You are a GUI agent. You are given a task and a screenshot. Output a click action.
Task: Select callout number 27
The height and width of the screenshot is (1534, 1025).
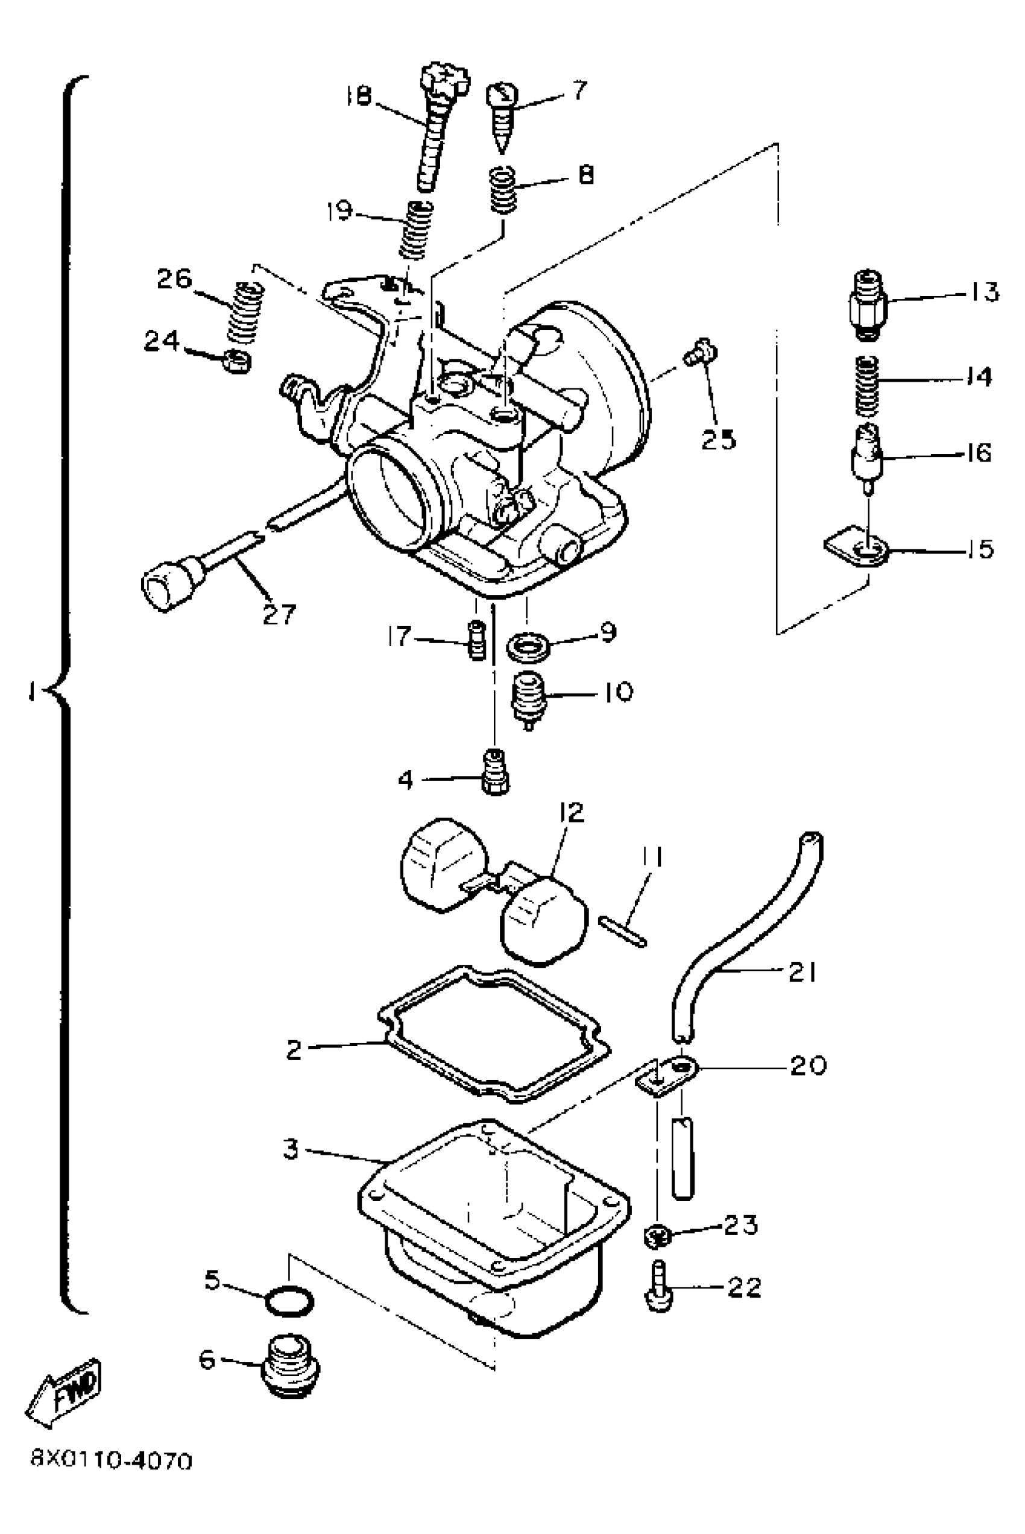[x=279, y=614]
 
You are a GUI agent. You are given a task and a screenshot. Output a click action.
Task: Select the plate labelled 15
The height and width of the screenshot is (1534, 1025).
[x=856, y=549]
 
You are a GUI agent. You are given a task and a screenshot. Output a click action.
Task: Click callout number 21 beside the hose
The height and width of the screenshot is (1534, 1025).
[x=802, y=973]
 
